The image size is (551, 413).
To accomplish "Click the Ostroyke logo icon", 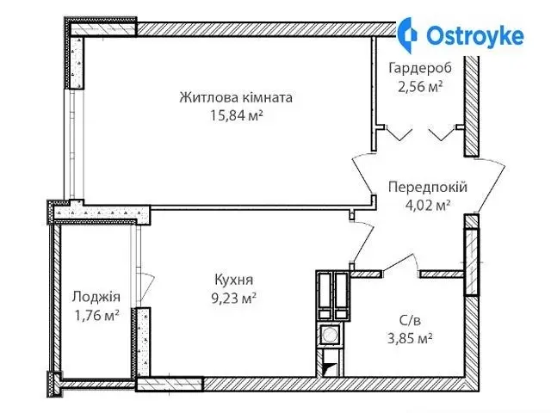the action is [407, 34].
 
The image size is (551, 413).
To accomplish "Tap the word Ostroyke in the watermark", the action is [475, 35].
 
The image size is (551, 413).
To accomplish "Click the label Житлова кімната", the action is [236, 97].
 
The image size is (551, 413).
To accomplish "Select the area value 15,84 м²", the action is [237, 114].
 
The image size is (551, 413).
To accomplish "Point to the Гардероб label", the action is [420, 67].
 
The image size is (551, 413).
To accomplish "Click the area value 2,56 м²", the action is [420, 86].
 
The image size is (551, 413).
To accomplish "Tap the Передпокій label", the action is [428, 187].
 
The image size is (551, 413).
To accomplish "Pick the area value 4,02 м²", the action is [428, 205].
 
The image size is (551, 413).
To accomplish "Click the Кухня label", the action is [233, 280].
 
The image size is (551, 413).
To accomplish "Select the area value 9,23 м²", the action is [233, 299].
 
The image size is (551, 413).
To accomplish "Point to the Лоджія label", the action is [96, 297].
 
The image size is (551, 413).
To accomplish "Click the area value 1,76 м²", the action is [96, 315].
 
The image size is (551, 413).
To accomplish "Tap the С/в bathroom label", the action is [410, 320].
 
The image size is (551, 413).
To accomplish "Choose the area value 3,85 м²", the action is [410, 338].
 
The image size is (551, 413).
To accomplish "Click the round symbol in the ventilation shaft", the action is [329, 335].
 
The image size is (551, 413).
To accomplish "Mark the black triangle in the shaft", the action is [330, 368].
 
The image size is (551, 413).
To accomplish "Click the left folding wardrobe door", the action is [399, 133].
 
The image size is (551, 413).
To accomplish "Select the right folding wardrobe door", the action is [442, 133].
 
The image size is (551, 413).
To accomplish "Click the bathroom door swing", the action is [401, 262].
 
